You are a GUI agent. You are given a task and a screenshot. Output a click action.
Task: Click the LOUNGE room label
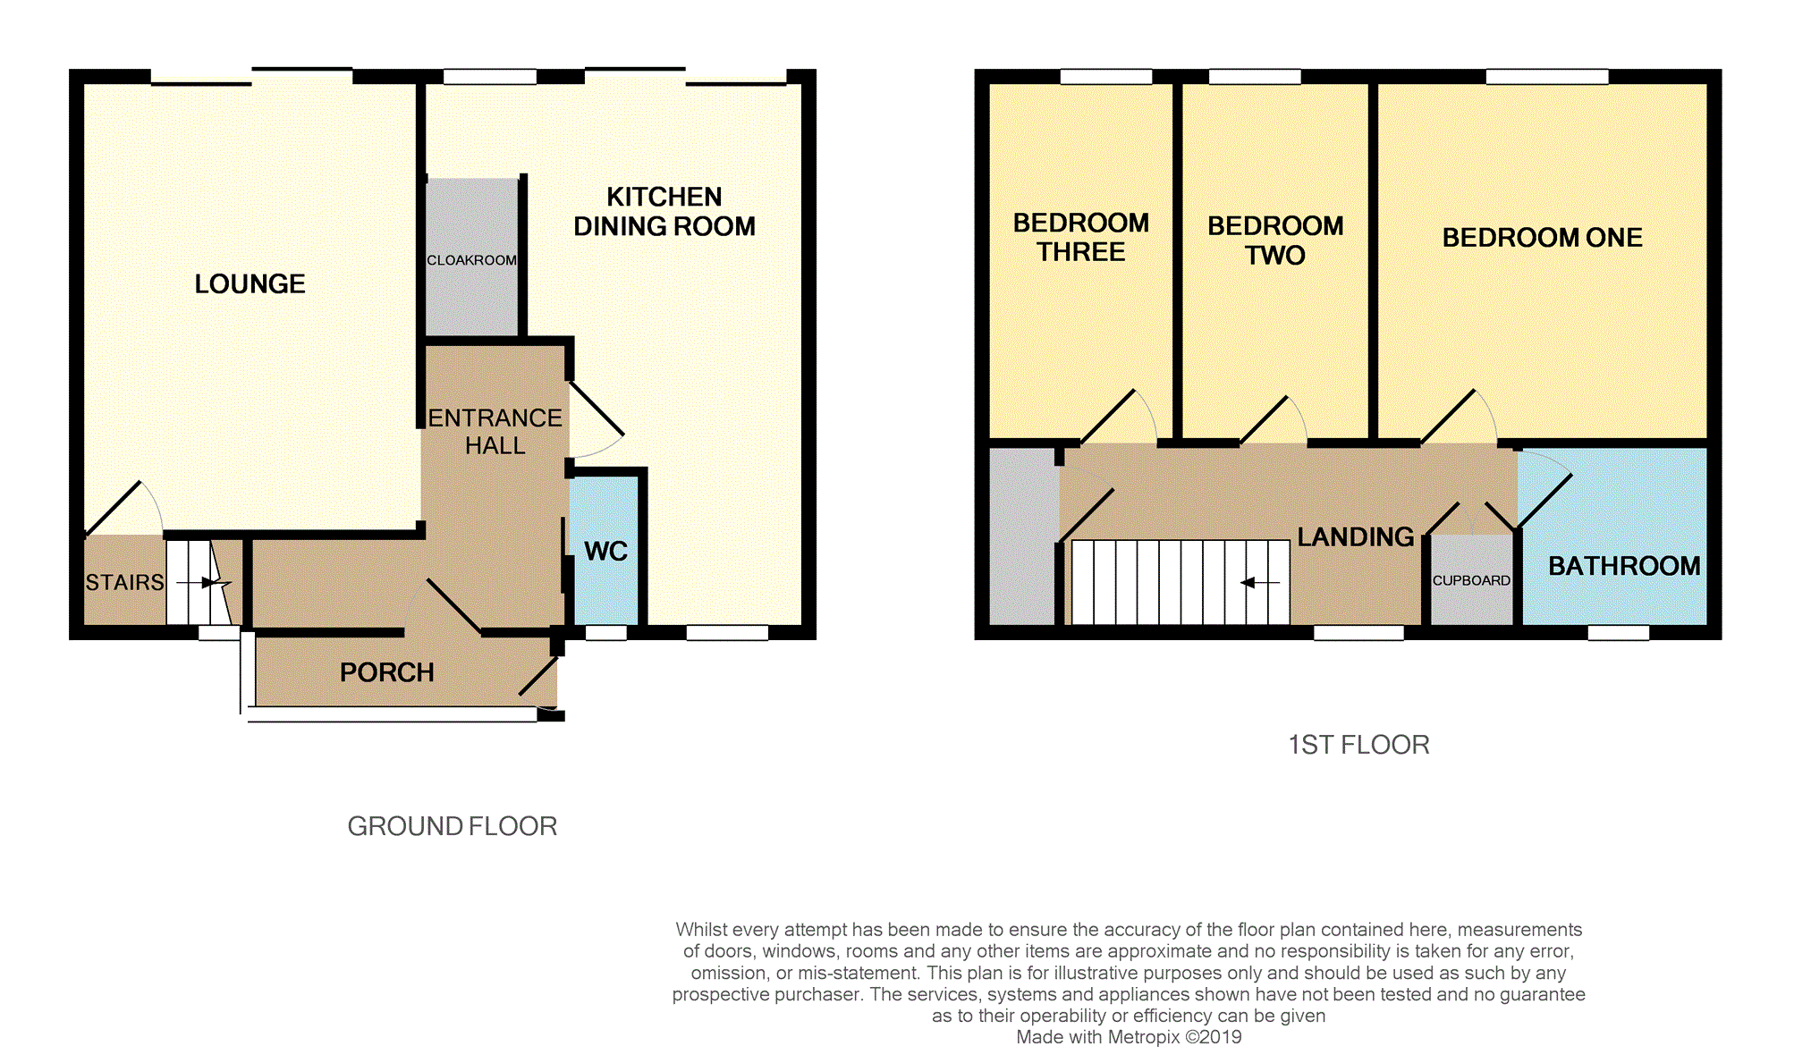(x=250, y=284)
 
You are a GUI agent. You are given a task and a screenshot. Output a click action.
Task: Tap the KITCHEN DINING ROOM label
(x=664, y=212)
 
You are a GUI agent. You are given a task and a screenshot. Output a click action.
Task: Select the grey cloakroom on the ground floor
(x=471, y=257)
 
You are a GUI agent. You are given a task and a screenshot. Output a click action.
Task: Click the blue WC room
(x=605, y=551)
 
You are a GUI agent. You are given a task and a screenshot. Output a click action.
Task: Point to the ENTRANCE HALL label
(x=495, y=432)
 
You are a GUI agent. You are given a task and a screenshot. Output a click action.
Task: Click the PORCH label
(x=387, y=672)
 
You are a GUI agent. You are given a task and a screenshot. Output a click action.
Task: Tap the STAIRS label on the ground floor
(x=125, y=583)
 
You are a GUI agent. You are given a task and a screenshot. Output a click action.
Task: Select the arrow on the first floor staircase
(x=1260, y=583)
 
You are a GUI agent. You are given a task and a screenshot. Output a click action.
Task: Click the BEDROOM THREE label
(x=1081, y=237)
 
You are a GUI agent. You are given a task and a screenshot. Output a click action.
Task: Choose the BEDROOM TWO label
(x=1275, y=241)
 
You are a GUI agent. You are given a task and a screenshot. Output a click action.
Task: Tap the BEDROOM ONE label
(x=1543, y=238)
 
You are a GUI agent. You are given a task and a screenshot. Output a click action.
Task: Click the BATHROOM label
(x=1624, y=566)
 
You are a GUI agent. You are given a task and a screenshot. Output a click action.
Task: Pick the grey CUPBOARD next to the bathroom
(x=1471, y=579)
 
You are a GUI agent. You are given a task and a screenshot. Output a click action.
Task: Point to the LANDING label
(x=1356, y=537)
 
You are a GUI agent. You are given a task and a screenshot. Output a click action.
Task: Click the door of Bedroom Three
(x=1108, y=417)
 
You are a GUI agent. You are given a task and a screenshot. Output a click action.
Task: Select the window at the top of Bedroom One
(x=1547, y=77)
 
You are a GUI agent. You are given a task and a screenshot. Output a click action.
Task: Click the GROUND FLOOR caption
(x=453, y=826)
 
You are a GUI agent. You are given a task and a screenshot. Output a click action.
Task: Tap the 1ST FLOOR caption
(x=1358, y=745)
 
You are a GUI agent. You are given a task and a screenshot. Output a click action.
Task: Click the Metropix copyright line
(x=1129, y=1037)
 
